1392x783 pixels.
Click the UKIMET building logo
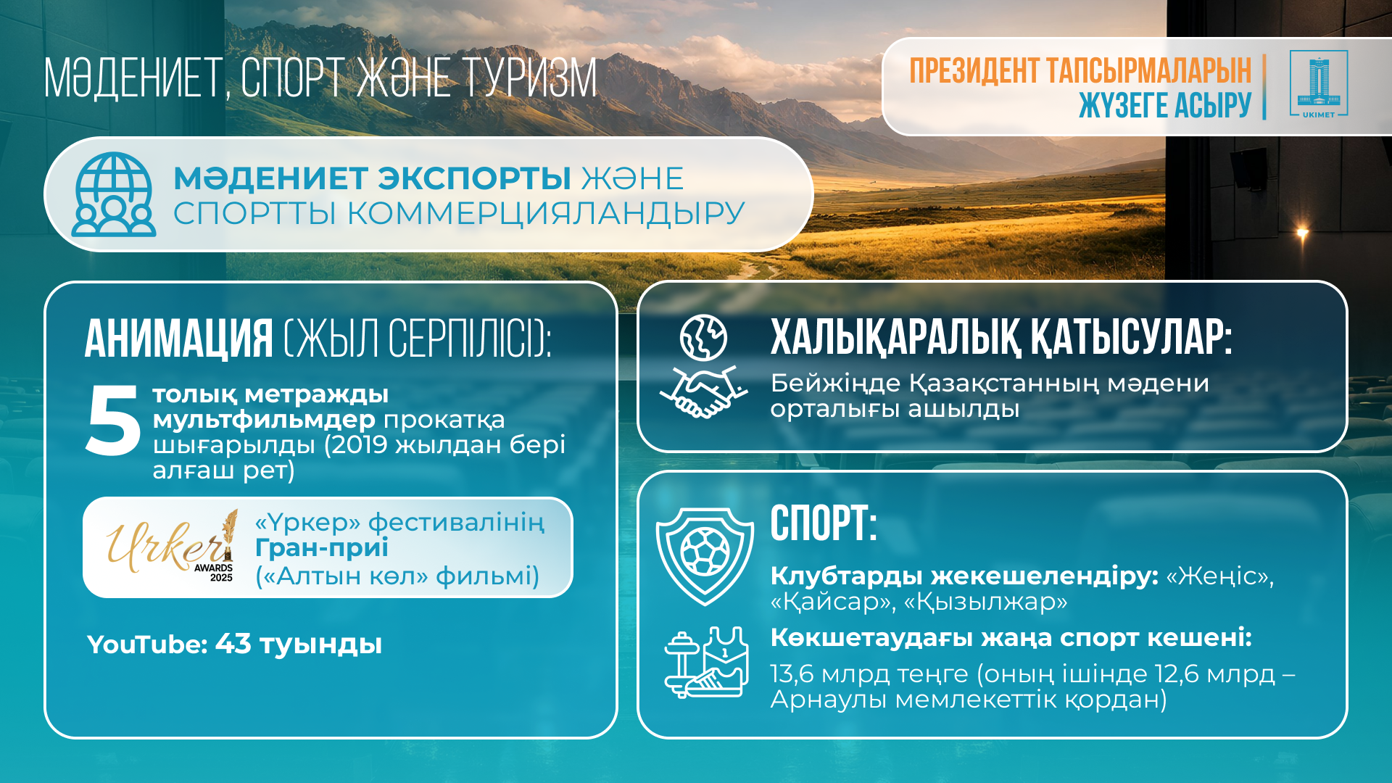[x=1319, y=84]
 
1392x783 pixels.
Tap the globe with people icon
[x=114, y=194]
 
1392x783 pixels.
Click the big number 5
[x=112, y=420]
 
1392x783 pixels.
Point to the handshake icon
[x=703, y=392]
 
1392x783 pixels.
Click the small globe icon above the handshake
[x=703, y=338]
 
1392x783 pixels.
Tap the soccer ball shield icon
[x=705, y=556]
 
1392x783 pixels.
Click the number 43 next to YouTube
[x=233, y=644]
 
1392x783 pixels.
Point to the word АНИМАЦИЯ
[x=179, y=339]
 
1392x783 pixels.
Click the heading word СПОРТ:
[x=824, y=523]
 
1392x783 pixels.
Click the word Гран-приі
[x=321, y=548]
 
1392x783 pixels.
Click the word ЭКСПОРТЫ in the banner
[x=474, y=178]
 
